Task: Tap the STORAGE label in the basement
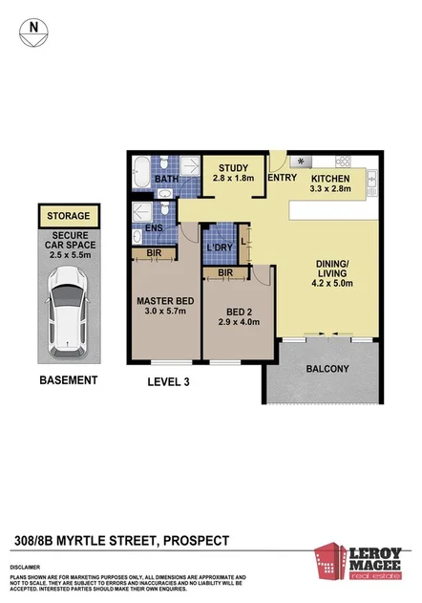click(68, 216)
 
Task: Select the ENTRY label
click(283, 179)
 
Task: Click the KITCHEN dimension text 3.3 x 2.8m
click(328, 191)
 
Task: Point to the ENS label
click(155, 229)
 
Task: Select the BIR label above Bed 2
click(225, 273)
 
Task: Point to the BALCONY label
click(326, 369)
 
